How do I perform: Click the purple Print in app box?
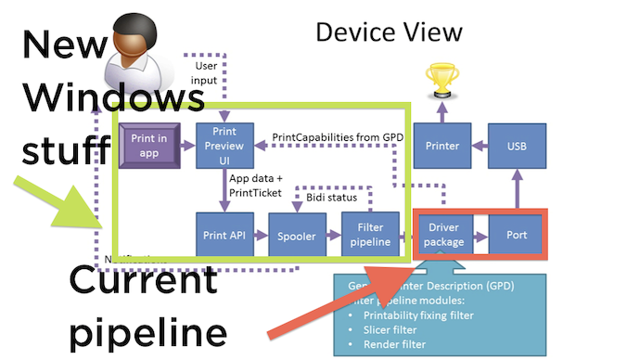pyautogui.click(x=148, y=145)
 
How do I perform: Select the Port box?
pyautogui.click(x=517, y=235)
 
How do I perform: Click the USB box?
pyautogui.click(x=517, y=146)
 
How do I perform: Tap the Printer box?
pyautogui.click(x=442, y=146)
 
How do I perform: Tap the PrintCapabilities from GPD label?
pyautogui.click(x=337, y=137)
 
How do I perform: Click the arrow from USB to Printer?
pyautogui.click(x=480, y=146)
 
